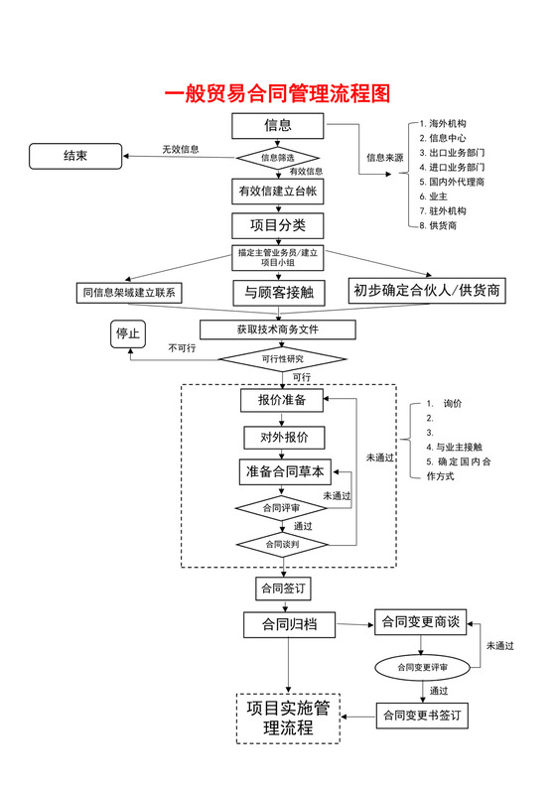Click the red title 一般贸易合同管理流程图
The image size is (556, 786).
pos(277,94)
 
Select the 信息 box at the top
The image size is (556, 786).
pos(277,126)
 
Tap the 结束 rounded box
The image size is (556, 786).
pos(75,156)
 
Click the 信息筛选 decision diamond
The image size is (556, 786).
pos(277,157)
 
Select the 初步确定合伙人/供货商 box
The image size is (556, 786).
pos(427,290)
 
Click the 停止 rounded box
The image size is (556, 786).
pos(129,334)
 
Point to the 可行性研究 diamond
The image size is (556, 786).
pos(282,358)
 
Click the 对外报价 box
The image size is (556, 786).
pos(284,437)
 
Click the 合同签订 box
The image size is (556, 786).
pos(282,589)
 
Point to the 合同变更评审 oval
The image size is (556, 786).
pos(421,667)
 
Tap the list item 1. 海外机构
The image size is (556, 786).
pos(447,122)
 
